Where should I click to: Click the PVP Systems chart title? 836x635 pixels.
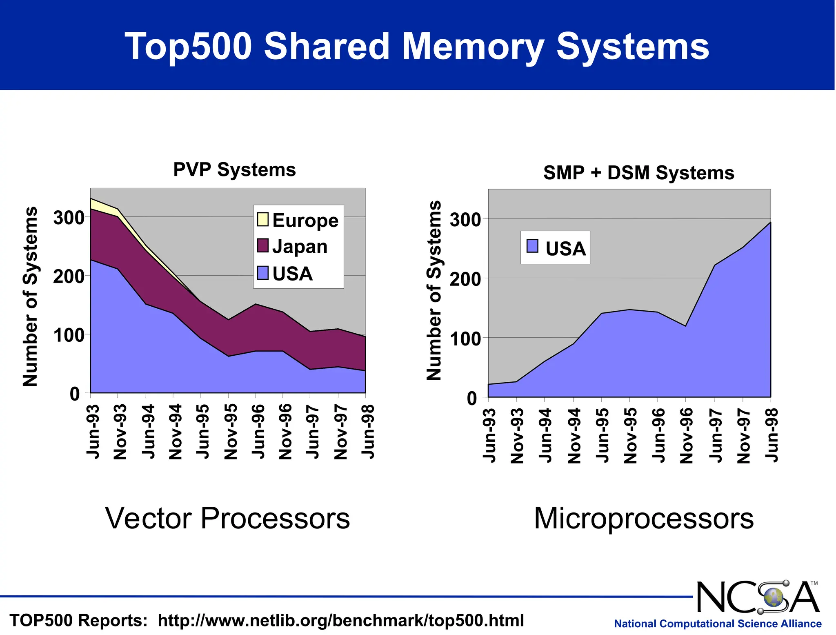[x=234, y=169]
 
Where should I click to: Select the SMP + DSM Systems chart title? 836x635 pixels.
[x=638, y=173]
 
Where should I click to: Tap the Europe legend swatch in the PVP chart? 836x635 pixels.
[x=262, y=219]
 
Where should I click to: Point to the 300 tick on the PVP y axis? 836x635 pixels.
[x=69, y=218]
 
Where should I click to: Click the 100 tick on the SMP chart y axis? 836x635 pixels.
[x=465, y=339]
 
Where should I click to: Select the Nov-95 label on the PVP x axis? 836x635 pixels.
[x=231, y=431]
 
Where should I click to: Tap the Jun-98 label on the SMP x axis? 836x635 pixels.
[x=772, y=435]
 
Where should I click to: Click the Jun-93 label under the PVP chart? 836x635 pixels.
[x=93, y=431]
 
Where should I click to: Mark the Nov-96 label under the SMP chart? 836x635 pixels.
[x=687, y=435]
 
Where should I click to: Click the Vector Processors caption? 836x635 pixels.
[x=227, y=518]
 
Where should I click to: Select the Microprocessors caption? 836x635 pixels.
[x=643, y=518]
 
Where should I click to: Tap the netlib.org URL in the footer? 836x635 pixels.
[x=340, y=620]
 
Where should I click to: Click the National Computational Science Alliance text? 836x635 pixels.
[x=718, y=624]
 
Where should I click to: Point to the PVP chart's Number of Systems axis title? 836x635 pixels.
[x=30, y=296]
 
